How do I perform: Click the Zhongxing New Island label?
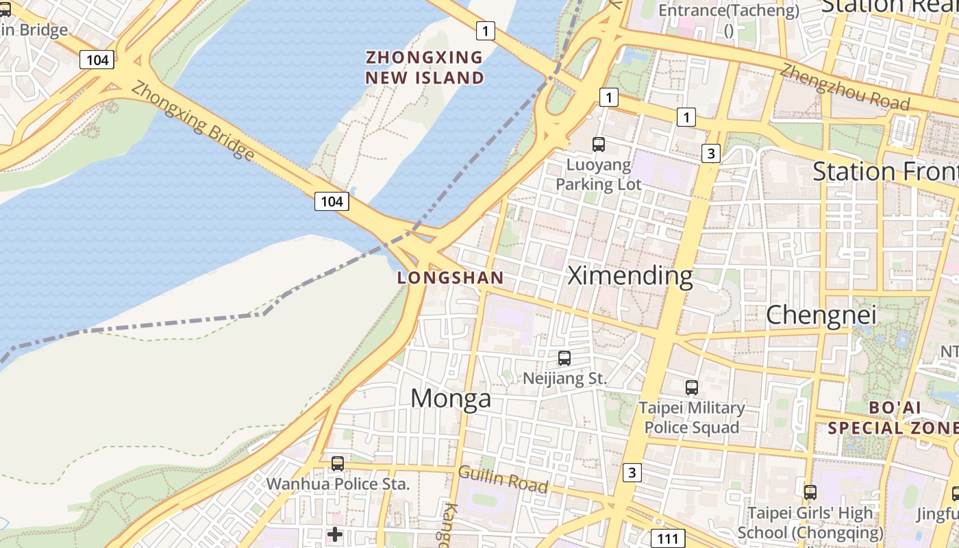[x=425, y=67]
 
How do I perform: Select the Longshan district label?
[x=451, y=278]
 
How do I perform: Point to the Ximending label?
[x=630, y=275]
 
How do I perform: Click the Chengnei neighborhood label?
[x=821, y=314]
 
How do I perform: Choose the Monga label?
[x=451, y=398]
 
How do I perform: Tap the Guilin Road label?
[x=503, y=479]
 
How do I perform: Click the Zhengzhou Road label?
[x=845, y=87]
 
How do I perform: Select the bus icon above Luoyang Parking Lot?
[x=599, y=144]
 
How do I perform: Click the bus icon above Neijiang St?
[x=564, y=358]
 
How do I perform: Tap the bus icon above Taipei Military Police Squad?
[x=692, y=387]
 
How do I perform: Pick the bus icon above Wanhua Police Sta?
[x=338, y=463]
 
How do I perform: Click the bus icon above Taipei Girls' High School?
[x=810, y=492]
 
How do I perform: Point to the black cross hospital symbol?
[x=335, y=534]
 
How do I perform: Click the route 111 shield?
[x=667, y=538]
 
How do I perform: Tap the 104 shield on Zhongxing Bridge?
[x=332, y=201]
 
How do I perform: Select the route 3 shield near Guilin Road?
[x=632, y=472]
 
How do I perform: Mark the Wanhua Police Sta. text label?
[x=338, y=484]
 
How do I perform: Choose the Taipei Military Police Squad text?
[x=692, y=417]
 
